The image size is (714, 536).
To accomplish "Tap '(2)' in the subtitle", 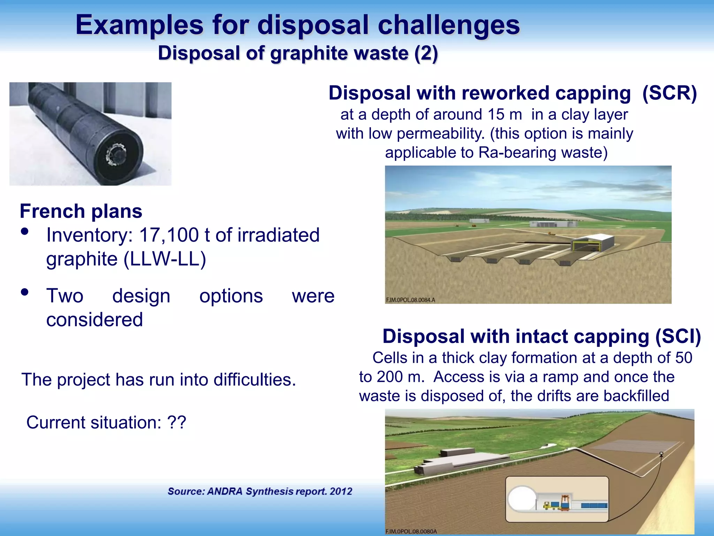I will point(426,54).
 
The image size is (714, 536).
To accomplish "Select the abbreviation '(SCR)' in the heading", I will point(669,93).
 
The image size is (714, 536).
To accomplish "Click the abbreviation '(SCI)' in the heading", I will point(678,336).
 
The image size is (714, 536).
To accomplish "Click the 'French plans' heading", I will point(81,211).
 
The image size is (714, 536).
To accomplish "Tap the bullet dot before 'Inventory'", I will point(24,232).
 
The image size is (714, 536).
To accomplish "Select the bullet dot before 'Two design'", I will point(24,292).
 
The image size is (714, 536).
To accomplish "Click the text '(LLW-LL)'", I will point(165,259).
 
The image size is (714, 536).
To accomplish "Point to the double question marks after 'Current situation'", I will point(177,422).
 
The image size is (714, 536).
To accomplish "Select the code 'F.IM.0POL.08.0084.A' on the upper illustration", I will point(410,300).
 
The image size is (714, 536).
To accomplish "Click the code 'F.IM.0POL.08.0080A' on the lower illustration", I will point(411,531).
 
